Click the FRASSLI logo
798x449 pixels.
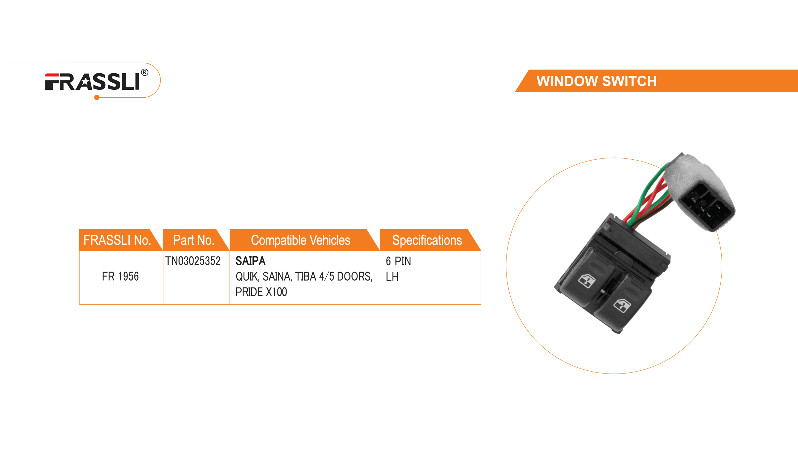pyautogui.click(x=92, y=82)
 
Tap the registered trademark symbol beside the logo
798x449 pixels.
pyautogui.click(x=145, y=73)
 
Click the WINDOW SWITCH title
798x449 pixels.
pyautogui.click(x=596, y=81)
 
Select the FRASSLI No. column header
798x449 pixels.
pyautogui.click(x=117, y=240)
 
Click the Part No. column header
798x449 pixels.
pyautogui.click(x=194, y=240)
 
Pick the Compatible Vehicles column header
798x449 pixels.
pyautogui.click(x=300, y=240)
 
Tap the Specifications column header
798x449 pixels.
pyautogui.click(x=427, y=240)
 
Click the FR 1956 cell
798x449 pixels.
pyautogui.click(x=120, y=276)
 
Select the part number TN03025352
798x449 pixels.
pyautogui.click(x=193, y=261)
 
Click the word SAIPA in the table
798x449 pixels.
pyautogui.click(x=251, y=261)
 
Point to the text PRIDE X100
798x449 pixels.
pyautogui.click(x=261, y=292)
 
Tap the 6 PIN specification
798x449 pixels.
pyautogui.click(x=398, y=261)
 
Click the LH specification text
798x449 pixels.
pyautogui.click(x=392, y=277)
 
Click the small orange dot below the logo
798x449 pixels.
pyautogui.click(x=97, y=98)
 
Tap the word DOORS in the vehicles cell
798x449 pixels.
pyautogui.click(x=354, y=276)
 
